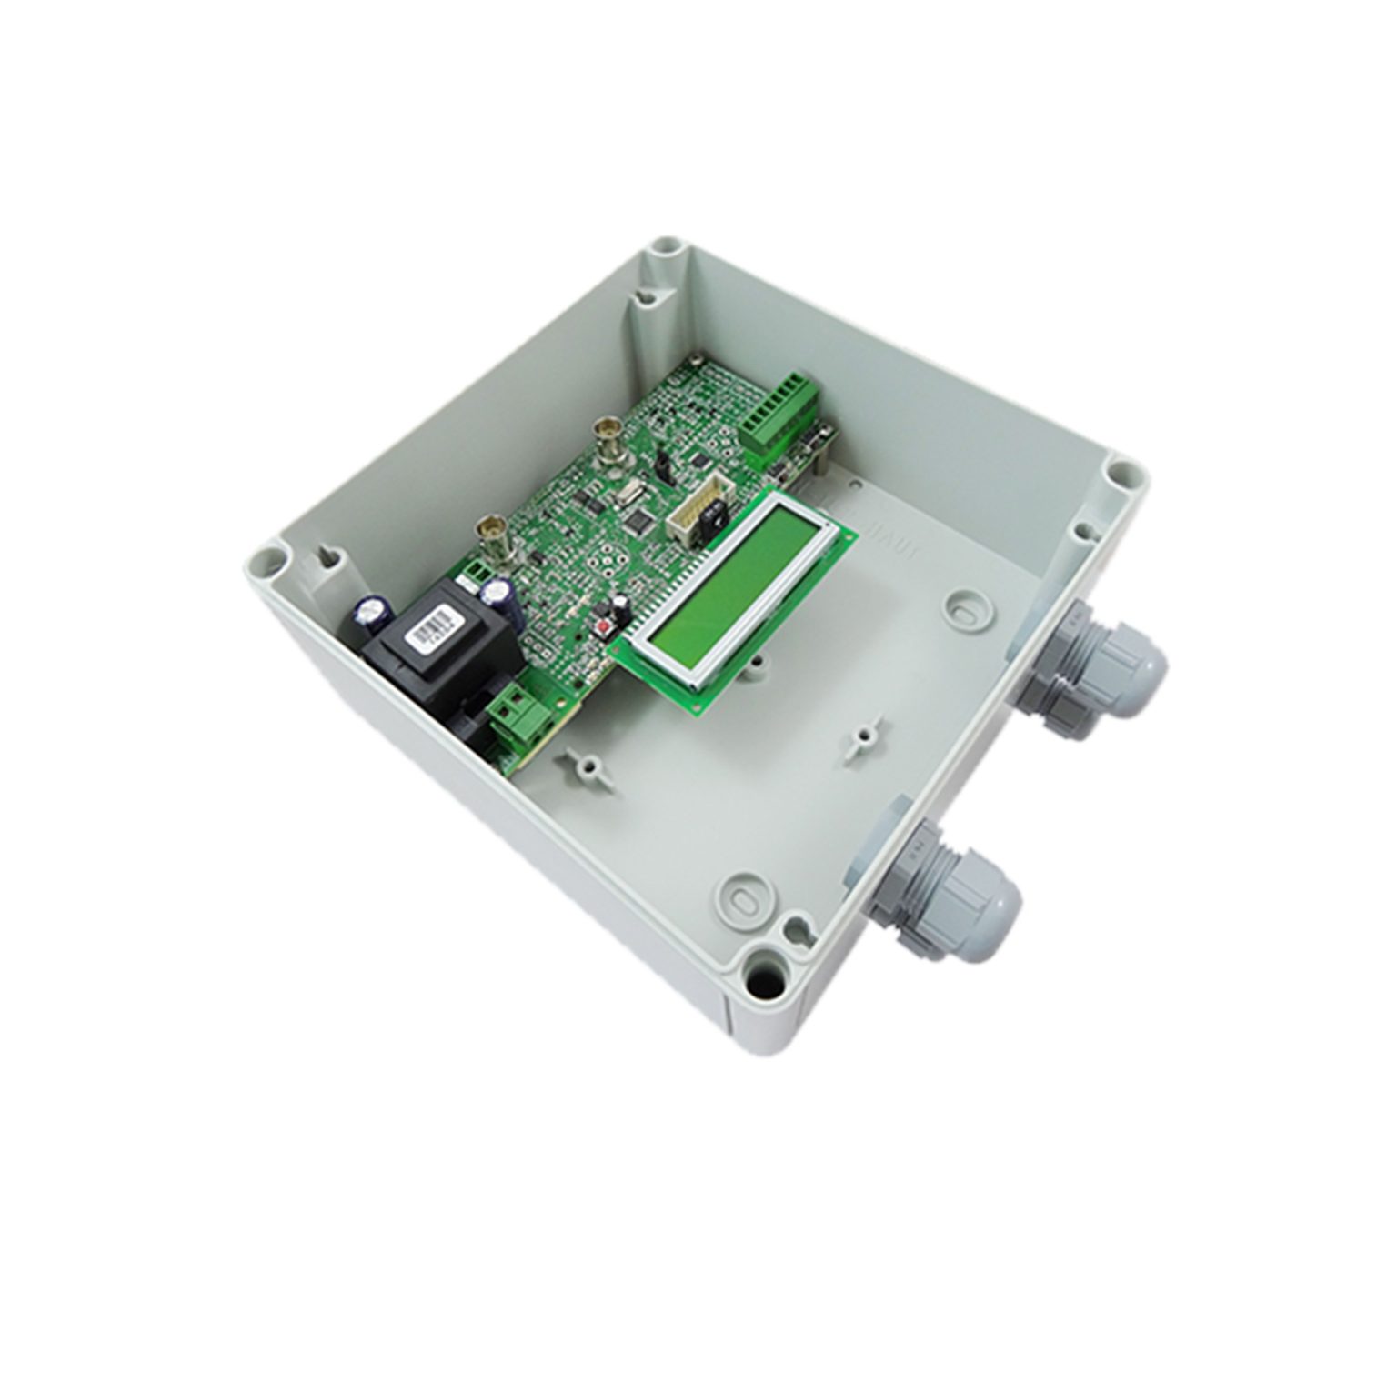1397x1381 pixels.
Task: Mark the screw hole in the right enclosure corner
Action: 1124,475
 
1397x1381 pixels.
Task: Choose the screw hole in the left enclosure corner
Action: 266,555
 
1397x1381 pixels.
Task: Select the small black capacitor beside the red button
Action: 619,607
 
